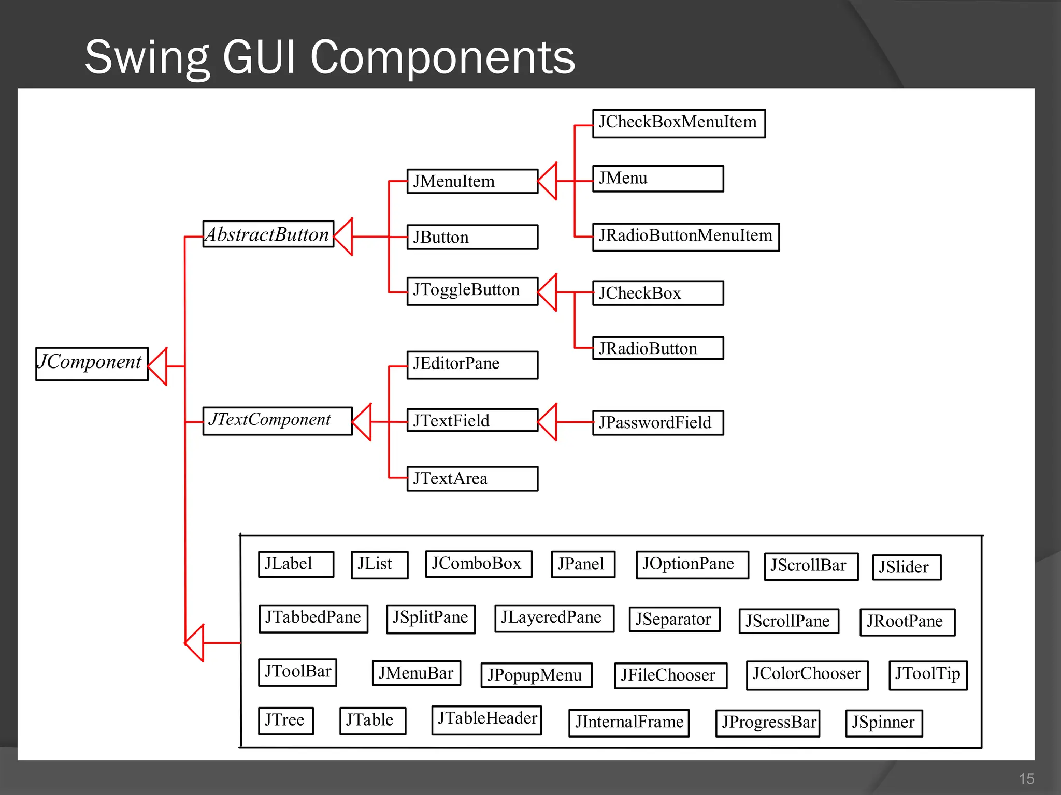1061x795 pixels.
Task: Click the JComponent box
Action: (x=92, y=364)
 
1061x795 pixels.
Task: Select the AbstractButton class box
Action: (x=268, y=234)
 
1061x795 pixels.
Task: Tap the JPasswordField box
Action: (x=657, y=422)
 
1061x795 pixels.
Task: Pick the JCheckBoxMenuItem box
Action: (x=679, y=123)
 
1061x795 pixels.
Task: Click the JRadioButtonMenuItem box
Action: (x=685, y=237)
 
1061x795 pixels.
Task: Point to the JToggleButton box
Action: (x=472, y=291)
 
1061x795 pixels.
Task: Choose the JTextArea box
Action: (x=472, y=479)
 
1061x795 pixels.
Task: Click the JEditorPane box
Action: (x=472, y=365)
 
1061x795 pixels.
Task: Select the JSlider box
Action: (x=906, y=567)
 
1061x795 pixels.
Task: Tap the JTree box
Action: (x=286, y=720)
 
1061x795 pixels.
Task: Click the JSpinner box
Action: (x=883, y=723)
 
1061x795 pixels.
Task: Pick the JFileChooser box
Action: (x=670, y=675)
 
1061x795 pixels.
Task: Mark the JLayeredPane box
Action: (x=554, y=618)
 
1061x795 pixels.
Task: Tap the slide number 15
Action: (x=1026, y=778)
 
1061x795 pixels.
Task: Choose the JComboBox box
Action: (x=478, y=564)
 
